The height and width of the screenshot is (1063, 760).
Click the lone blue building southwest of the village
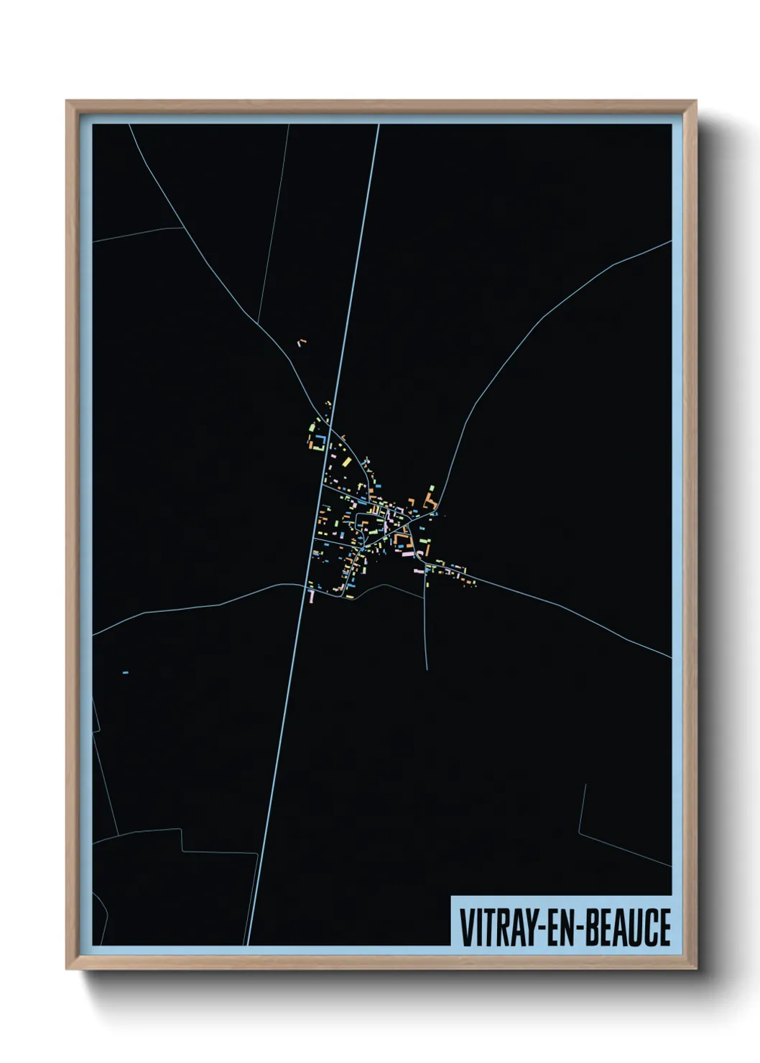tap(126, 672)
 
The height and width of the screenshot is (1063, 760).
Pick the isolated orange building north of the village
tap(302, 343)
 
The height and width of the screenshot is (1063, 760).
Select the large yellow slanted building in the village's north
tap(346, 460)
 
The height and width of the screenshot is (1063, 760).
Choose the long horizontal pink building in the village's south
tap(407, 554)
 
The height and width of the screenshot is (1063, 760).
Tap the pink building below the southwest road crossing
tap(311, 595)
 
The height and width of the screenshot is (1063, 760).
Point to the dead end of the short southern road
tap(427, 669)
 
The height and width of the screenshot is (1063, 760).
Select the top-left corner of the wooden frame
tap(67, 101)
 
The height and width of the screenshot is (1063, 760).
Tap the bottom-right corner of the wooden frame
tap(696, 969)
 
